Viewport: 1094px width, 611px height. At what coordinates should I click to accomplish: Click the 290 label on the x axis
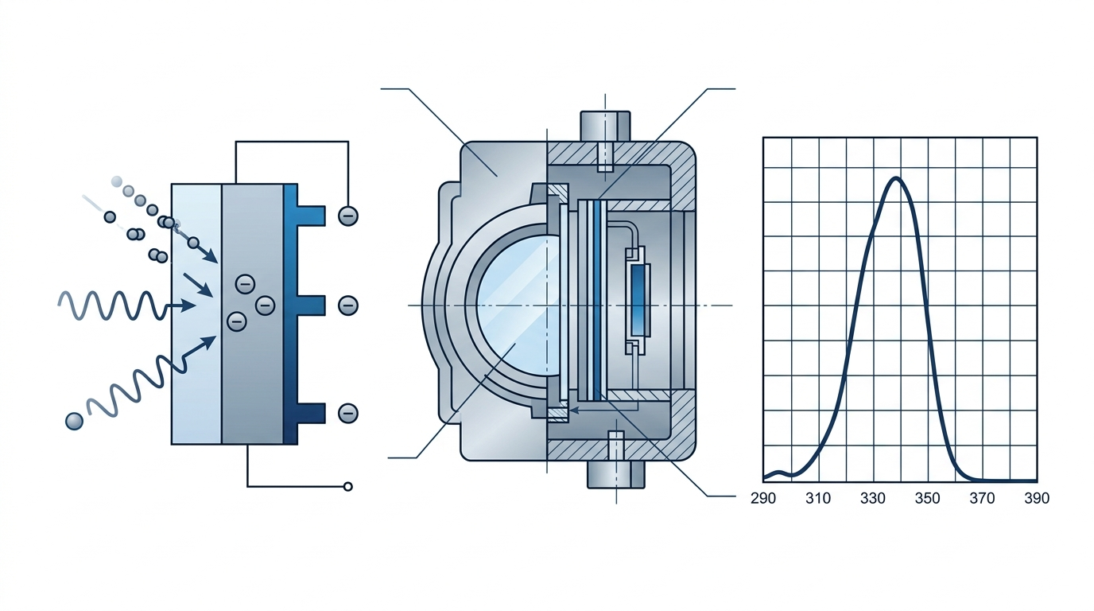[764, 499]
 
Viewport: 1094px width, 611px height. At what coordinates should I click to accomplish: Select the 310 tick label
[818, 499]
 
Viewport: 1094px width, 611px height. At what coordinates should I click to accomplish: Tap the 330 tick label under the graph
[873, 499]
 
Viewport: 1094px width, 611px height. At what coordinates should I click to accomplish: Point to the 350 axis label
[928, 499]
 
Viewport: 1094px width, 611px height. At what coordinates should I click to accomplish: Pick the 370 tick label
[983, 499]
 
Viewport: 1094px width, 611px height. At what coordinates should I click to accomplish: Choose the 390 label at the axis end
[1036, 499]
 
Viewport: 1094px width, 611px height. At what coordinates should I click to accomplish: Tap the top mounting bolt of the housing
[606, 127]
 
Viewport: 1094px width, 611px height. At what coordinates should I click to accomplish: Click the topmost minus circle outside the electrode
[347, 216]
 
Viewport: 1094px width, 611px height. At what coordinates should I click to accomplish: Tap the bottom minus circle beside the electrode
[347, 413]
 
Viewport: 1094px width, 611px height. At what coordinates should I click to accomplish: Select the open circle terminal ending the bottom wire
[347, 486]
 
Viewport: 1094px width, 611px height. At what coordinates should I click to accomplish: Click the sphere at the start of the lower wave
[74, 421]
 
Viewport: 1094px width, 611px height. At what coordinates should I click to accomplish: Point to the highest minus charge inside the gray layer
[245, 282]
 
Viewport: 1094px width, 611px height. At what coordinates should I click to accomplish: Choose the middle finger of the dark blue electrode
[310, 305]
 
